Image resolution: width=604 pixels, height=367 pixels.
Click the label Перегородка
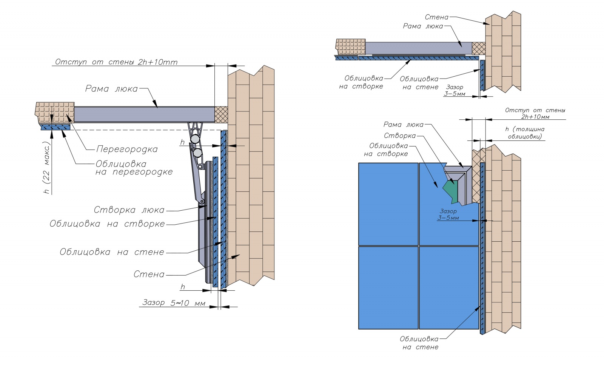127,149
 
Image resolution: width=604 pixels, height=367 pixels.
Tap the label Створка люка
129,210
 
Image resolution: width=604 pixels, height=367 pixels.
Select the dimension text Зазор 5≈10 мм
174,302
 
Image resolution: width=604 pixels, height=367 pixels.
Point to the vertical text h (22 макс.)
47,168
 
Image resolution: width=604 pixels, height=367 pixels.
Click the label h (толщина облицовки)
525,133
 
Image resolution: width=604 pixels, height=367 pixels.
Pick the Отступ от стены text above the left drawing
116,62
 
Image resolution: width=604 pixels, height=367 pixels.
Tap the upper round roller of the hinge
195,139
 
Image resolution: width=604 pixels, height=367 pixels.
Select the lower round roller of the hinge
197,153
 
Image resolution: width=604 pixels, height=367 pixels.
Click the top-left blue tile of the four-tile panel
388,204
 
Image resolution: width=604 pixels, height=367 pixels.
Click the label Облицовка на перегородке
134,168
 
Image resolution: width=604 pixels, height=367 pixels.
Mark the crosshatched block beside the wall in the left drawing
221,114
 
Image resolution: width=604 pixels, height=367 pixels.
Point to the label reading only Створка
400,136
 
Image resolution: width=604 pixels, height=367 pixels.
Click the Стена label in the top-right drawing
436,17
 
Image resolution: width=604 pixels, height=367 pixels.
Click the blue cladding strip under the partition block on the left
55,128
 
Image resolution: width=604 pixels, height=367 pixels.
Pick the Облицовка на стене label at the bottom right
419,343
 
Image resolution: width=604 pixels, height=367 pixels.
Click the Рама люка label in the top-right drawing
423,26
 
